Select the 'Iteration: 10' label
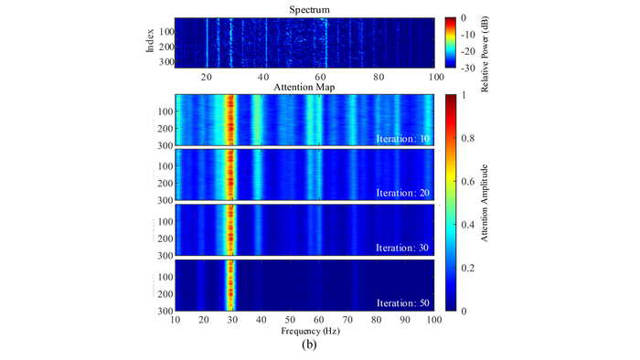point(404,138)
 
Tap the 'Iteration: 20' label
point(404,194)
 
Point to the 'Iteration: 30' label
point(404,249)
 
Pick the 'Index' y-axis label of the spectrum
point(151,42)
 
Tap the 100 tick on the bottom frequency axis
point(432,319)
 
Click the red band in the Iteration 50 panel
point(230,285)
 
